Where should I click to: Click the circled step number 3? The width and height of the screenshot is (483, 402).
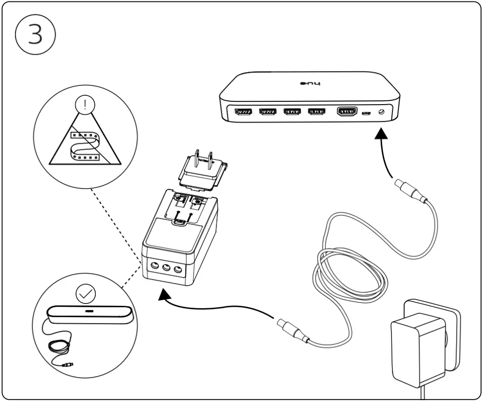36,35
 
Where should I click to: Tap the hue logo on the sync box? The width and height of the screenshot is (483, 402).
310,84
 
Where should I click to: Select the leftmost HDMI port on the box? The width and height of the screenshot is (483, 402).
243,112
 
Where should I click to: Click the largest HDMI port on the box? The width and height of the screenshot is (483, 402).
347,112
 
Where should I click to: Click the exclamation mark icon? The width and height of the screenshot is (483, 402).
85,105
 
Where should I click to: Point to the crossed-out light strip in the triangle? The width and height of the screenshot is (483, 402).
85,143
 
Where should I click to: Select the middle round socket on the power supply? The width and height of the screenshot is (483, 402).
166,268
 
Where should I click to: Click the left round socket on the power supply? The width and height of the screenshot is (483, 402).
154,266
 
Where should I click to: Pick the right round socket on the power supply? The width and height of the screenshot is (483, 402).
178,270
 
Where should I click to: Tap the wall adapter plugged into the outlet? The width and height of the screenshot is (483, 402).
415,344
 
